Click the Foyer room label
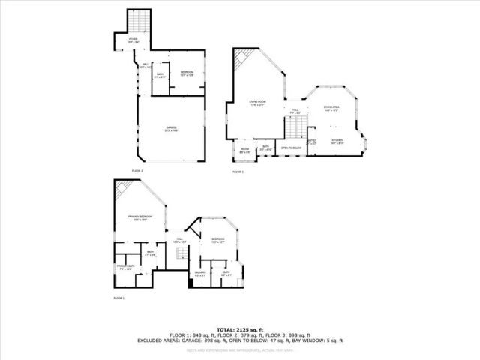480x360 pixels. pyautogui.click(x=133, y=40)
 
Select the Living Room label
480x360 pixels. pyautogui.click(x=258, y=103)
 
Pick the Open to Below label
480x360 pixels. pyautogui.click(x=291, y=148)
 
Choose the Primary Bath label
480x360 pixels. pyautogui.click(x=124, y=267)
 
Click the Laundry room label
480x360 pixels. pyautogui.click(x=200, y=273)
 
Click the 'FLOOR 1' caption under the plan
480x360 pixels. pyautogui.click(x=118, y=298)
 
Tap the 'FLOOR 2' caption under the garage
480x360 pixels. pyautogui.click(x=137, y=171)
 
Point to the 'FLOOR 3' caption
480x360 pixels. pyautogui.click(x=238, y=172)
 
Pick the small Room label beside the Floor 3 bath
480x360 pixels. pyautogui.click(x=244, y=150)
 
